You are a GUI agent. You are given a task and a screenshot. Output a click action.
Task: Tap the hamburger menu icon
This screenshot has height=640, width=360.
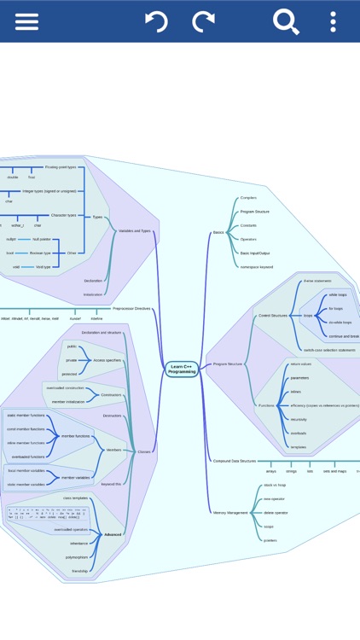[x=26, y=21]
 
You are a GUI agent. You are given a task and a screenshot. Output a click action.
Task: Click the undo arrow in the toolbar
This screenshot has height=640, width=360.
[x=157, y=21]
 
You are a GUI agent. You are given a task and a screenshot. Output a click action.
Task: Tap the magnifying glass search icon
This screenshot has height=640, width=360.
[x=286, y=21]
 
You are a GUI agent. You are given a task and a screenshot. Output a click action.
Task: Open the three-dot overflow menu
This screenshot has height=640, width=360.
[x=333, y=21]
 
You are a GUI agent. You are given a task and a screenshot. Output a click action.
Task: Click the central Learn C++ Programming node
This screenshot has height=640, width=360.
[x=182, y=369]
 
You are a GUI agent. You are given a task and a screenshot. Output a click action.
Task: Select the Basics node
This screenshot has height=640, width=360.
[x=218, y=232]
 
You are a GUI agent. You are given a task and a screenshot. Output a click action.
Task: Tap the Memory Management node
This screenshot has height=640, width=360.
[x=229, y=513]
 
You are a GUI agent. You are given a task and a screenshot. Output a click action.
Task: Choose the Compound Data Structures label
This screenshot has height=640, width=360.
[x=234, y=460]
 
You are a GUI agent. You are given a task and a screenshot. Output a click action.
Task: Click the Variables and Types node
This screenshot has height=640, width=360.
[x=135, y=230]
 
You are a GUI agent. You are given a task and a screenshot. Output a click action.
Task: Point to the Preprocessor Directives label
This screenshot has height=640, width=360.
[x=131, y=308]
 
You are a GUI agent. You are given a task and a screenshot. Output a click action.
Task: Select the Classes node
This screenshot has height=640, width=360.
[x=144, y=451]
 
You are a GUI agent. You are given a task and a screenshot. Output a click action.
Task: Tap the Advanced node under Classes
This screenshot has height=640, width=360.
[x=113, y=534]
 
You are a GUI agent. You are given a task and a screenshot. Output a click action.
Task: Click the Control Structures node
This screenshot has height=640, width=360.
[x=273, y=315]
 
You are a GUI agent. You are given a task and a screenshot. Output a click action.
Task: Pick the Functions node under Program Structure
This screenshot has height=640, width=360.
[x=267, y=404]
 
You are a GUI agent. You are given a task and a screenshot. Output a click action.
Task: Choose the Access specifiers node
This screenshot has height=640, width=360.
[x=107, y=360]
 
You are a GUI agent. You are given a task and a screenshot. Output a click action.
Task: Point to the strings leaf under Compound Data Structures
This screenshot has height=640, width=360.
[x=292, y=471]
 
